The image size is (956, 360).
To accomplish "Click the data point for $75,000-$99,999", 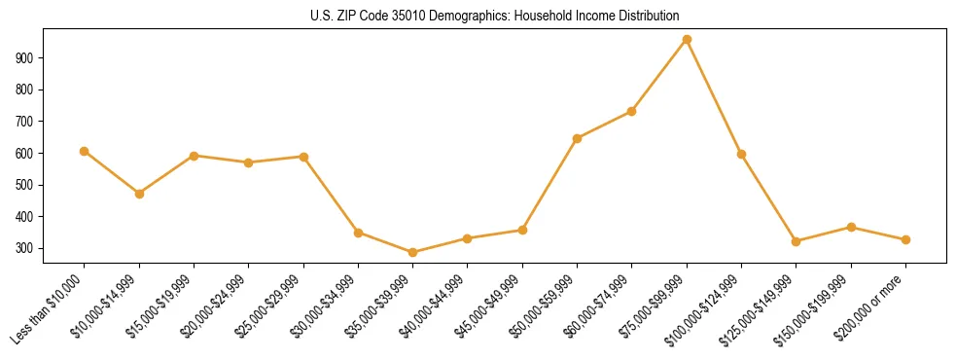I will click(687, 40).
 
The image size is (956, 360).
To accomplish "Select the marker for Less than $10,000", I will click(84, 151).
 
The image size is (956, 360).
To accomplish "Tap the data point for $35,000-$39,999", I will click(413, 253).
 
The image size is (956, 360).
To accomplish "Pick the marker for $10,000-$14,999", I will click(139, 194).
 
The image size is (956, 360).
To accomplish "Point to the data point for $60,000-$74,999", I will click(632, 111).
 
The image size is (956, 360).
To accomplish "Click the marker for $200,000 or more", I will click(905, 239).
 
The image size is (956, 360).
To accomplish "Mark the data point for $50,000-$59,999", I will click(578, 138).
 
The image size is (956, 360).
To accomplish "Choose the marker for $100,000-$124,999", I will click(742, 154).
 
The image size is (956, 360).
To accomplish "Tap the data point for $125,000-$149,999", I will click(797, 241).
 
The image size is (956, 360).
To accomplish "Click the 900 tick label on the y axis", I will click(26, 57).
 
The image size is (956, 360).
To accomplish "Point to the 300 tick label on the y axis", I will click(26, 248).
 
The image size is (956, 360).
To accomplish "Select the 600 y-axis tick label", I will click(26, 153).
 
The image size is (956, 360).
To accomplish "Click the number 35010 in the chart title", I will click(391, 17).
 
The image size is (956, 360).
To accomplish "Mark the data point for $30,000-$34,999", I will click(359, 233).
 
